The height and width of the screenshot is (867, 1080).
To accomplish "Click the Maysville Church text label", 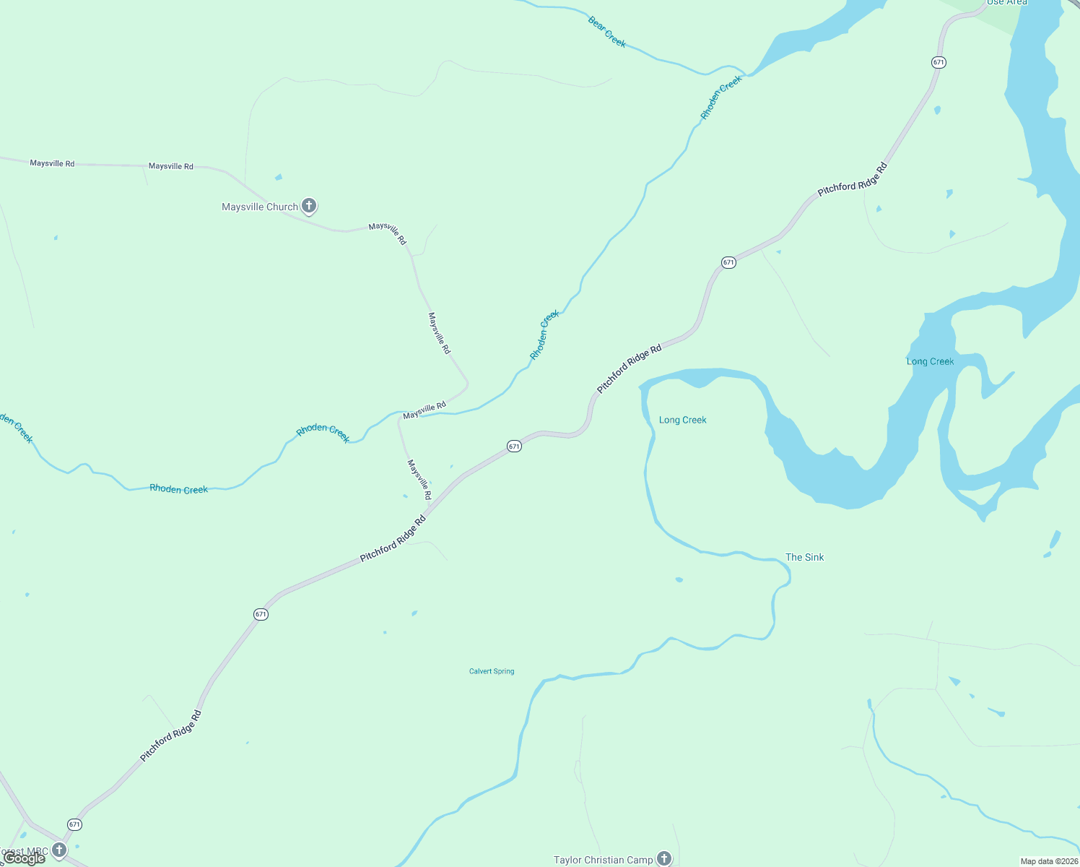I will tap(259, 207).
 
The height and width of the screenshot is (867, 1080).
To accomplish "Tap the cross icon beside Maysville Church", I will tap(309, 206).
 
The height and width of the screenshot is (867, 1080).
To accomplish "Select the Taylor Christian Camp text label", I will tap(603, 860).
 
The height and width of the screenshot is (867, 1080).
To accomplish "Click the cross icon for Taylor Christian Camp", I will tap(664, 858).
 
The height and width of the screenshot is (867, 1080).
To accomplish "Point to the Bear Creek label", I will tap(606, 33).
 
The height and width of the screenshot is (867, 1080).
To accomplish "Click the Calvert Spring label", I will tap(492, 671).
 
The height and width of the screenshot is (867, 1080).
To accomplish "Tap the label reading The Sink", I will tap(804, 557).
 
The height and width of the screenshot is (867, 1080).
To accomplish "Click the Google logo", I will tap(25, 858).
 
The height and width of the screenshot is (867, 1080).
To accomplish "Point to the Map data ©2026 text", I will tap(1049, 861).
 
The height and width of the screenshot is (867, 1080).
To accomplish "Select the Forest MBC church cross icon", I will tap(59, 850).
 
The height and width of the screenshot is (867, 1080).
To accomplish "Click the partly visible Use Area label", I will tap(1006, 2).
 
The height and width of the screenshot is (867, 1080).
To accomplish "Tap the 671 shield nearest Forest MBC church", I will tap(74, 824).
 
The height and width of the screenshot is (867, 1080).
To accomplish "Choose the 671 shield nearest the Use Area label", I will tap(939, 62).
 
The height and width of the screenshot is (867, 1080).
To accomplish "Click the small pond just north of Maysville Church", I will tap(279, 177).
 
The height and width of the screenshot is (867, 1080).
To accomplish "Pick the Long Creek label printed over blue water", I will tap(930, 361).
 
